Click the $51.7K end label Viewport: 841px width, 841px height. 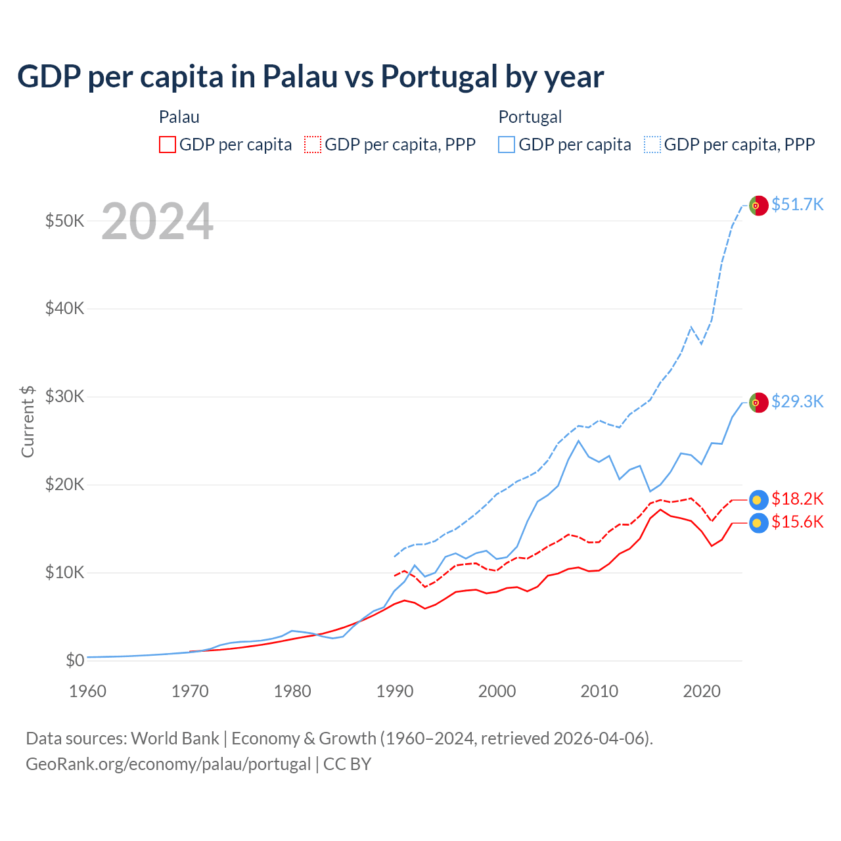pyautogui.click(x=797, y=204)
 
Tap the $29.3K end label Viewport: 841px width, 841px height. pyautogui.click(x=797, y=401)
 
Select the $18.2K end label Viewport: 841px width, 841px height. pyautogui.click(x=797, y=499)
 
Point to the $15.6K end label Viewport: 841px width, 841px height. pyautogui.click(x=797, y=522)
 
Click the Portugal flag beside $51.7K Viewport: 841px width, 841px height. pyautogui.click(x=759, y=206)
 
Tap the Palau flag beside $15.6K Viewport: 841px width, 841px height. pyautogui.click(x=759, y=523)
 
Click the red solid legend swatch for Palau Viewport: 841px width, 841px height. pyautogui.click(x=168, y=145)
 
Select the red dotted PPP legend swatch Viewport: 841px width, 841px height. pyautogui.click(x=313, y=145)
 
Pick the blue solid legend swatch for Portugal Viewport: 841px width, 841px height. pyautogui.click(x=507, y=145)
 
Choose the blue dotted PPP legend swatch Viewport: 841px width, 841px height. pyautogui.click(x=652, y=145)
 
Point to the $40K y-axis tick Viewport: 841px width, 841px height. pyautogui.click(x=64, y=308)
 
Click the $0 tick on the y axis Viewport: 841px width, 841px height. pyautogui.click(x=75, y=660)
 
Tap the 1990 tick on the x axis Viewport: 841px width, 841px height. pyautogui.click(x=395, y=691)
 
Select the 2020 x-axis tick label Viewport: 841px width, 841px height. pyautogui.click(x=702, y=691)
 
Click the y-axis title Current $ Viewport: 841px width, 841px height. pyautogui.click(x=28, y=421)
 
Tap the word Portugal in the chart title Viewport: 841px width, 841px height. pyautogui.click(x=440, y=76)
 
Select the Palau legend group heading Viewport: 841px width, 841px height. pyautogui.click(x=179, y=117)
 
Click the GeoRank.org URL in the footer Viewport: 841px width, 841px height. pyautogui.click(x=168, y=764)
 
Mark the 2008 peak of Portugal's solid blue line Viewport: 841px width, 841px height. pyautogui.click(x=578, y=441)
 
